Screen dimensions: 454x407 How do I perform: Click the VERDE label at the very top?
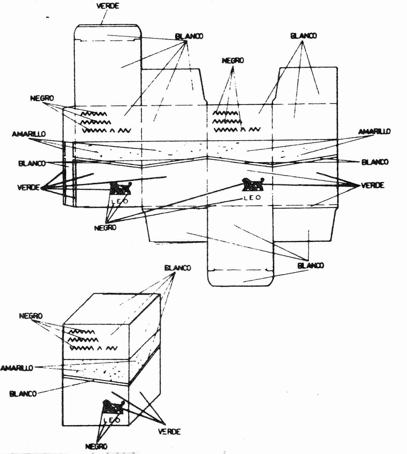(108, 6)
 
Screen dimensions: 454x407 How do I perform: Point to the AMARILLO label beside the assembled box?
(17, 368)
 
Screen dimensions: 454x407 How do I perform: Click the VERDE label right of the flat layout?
(372, 185)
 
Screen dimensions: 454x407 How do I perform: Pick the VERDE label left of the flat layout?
(29, 187)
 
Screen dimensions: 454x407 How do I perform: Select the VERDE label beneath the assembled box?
(169, 432)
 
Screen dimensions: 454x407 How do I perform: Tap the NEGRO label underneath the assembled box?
(96, 446)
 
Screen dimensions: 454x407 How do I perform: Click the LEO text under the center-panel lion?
(252, 198)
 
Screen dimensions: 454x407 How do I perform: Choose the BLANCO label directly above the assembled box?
(177, 268)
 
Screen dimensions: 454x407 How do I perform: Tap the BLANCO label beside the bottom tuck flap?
(310, 266)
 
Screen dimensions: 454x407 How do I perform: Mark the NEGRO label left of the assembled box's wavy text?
(31, 316)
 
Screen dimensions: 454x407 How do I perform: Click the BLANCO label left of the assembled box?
(23, 394)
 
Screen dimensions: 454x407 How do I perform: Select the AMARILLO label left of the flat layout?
(29, 134)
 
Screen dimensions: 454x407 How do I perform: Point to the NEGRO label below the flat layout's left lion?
(105, 228)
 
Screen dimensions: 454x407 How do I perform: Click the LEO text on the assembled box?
(112, 420)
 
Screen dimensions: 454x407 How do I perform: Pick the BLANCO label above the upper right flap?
(303, 36)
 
